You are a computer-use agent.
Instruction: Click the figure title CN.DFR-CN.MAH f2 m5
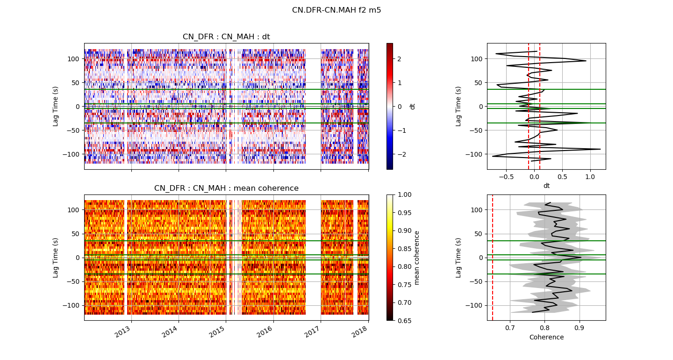point(336,10)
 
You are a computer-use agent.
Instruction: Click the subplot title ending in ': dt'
point(226,37)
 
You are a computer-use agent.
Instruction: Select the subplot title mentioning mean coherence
point(226,188)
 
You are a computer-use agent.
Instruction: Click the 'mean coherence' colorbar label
point(417,258)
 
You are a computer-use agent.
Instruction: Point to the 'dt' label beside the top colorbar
point(412,107)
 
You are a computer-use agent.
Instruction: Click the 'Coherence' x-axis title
point(546,338)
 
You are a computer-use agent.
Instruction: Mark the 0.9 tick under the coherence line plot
point(580,328)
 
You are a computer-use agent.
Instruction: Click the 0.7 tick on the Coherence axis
point(510,328)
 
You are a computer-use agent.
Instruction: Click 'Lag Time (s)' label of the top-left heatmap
point(56,106)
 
